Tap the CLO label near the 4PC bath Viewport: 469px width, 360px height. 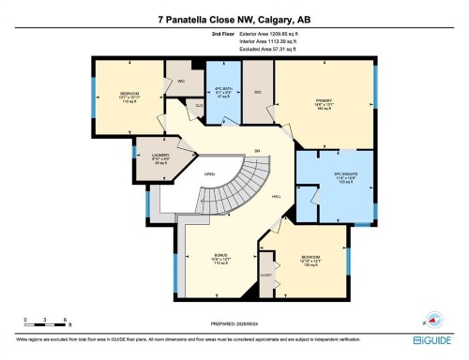click(x=200, y=107)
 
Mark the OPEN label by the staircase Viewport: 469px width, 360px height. click(x=210, y=173)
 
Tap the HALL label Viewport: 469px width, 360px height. click(x=277, y=196)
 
